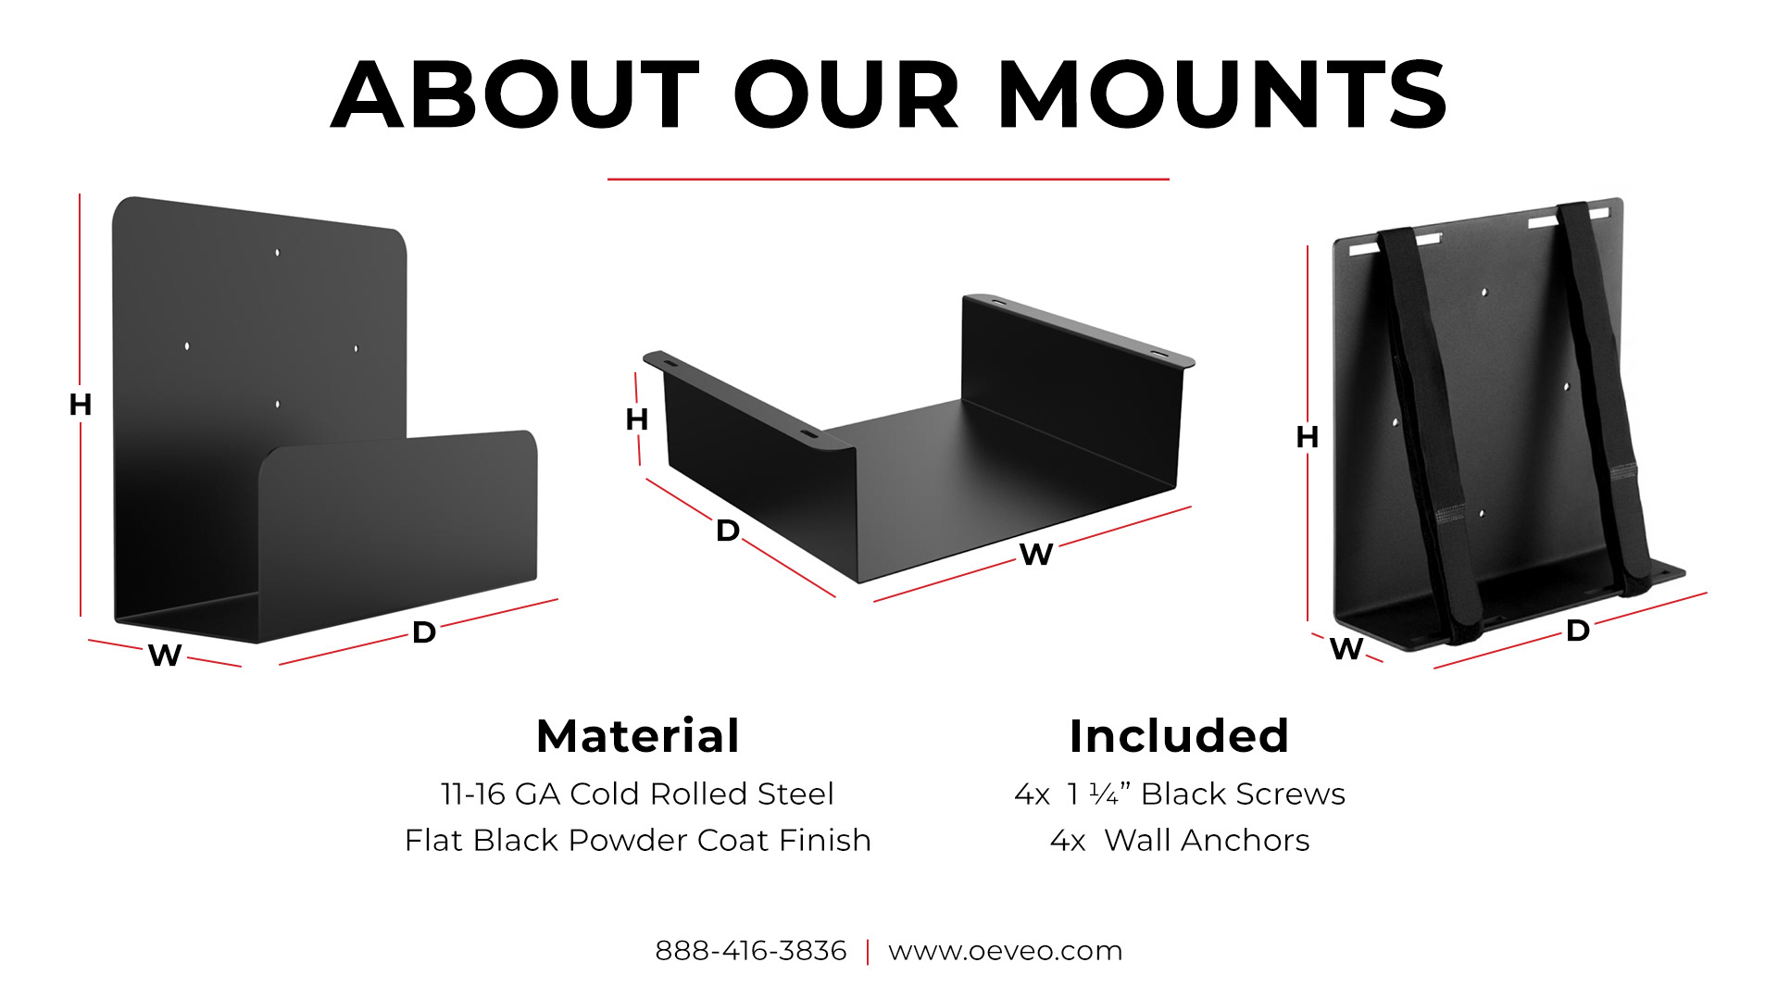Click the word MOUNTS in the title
(1221, 94)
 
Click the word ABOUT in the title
(515, 94)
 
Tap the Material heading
(638, 736)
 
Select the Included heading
(1179, 736)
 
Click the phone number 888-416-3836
(751, 951)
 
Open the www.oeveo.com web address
(1006, 951)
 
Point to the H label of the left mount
(81, 405)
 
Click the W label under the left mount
(165, 655)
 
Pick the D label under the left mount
(424, 632)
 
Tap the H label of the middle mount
(637, 419)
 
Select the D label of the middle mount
(728, 531)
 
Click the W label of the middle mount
(1036, 555)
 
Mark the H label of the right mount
(1308, 437)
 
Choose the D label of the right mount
(1578, 631)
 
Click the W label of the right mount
(1346, 649)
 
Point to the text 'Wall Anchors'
(1208, 841)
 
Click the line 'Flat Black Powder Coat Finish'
(638, 841)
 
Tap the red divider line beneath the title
(888, 179)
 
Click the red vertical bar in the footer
(868, 952)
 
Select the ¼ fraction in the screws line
(1104, 794)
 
